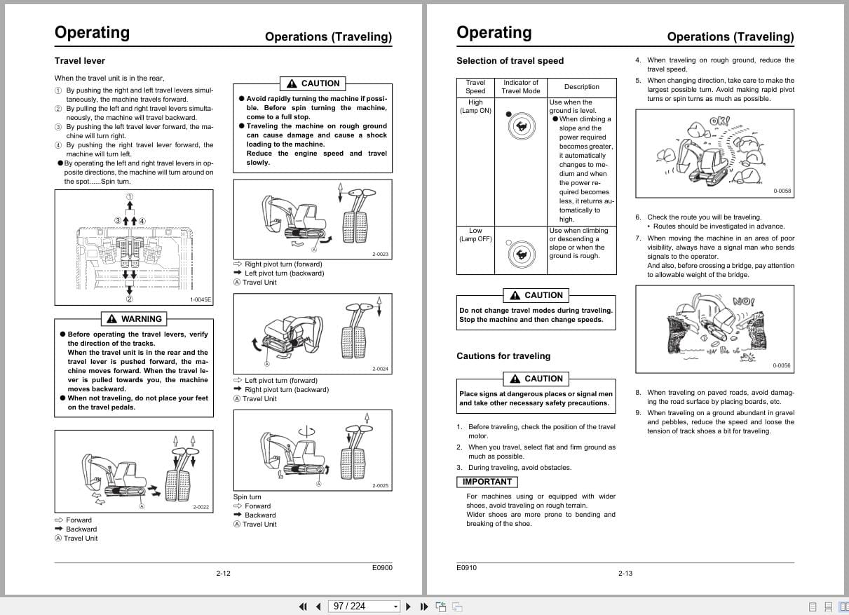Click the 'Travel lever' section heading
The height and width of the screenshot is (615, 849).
[x=79, y=61]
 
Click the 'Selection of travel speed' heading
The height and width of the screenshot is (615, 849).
[x=510, y=61]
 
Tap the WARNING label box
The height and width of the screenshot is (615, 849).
[x=134, y=319]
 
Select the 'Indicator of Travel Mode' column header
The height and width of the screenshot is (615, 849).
[x=521, y=87]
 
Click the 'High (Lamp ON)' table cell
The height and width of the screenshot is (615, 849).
[x=475, y=107]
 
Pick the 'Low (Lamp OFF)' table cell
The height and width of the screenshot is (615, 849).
[x=475, y=235]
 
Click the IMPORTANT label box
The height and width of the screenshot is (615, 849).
[x=487, y=482]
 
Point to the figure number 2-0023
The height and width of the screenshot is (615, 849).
[x=380, y=255]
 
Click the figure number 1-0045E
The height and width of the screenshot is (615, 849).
[x=201, y=300]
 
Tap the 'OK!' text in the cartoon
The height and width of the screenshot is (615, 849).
[x=719, y=121]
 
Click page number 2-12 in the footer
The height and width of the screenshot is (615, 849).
[x=223, y=574]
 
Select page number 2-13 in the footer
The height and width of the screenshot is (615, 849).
[x=625, y=574]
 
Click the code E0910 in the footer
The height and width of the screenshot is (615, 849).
[x=466, y=568]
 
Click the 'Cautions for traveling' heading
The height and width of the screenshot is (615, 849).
[x=503, y=356]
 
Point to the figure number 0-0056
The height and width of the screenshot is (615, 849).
[x=781, y=366]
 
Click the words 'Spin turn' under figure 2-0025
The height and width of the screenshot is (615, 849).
[x=247, y=497]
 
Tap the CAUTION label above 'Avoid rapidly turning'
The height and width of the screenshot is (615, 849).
[x=313, y=83]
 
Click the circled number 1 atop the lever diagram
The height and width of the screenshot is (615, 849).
[x=130, y=197]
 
